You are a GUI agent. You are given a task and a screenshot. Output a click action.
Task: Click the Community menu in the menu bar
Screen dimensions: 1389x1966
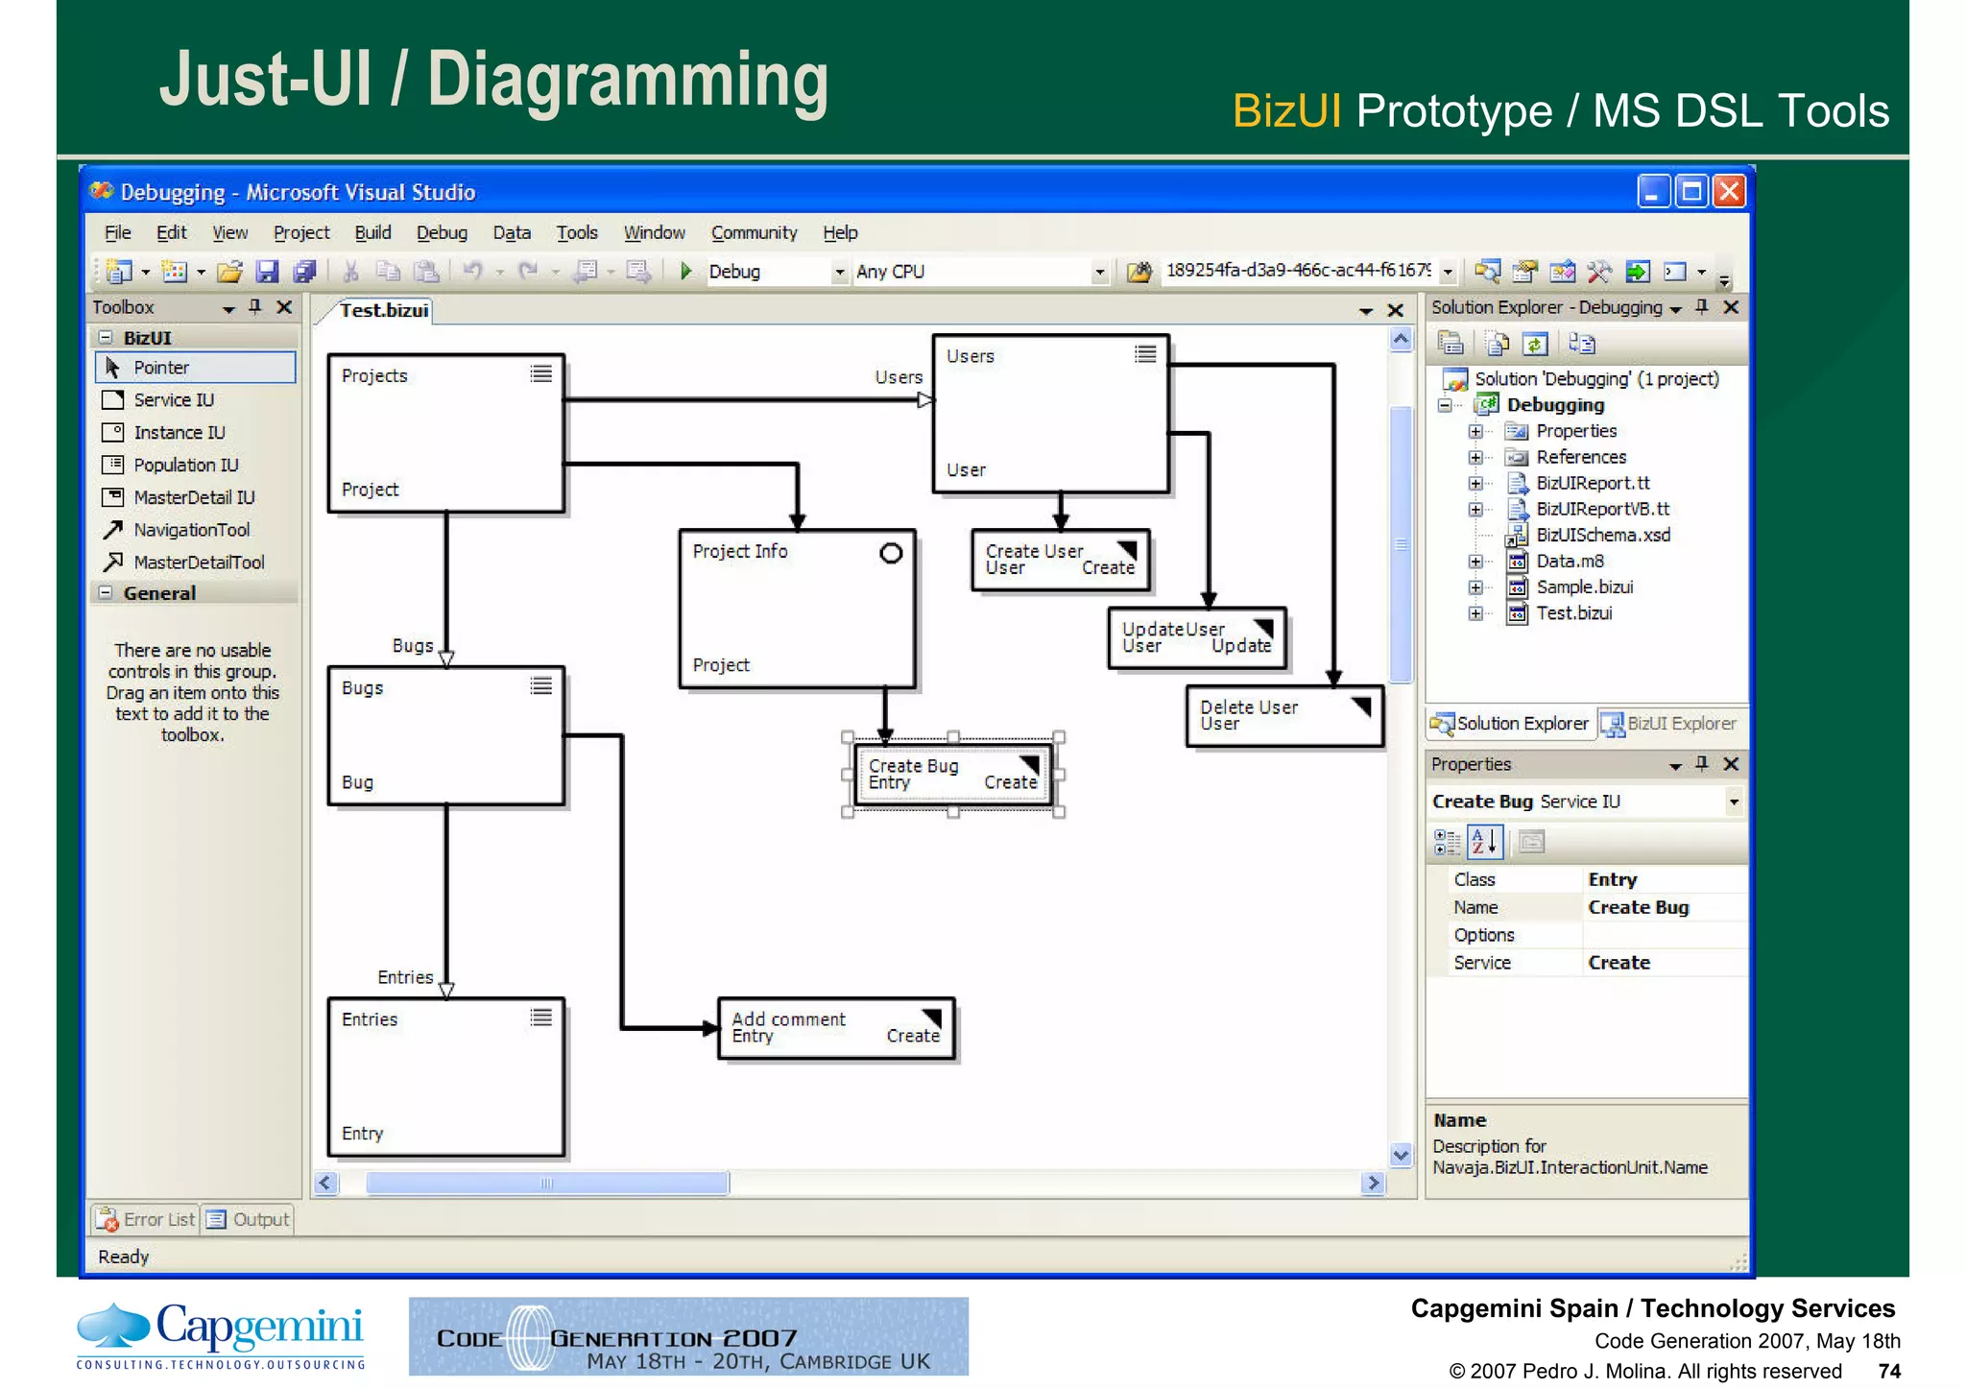pyautogui.click(x=754, y=232)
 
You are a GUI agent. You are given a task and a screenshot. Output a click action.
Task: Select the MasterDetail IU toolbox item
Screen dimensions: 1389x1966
pyautogui.click(x=193, y=497)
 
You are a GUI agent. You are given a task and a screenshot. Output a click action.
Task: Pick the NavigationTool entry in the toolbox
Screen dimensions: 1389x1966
pyautogui.click(x=191, y=530)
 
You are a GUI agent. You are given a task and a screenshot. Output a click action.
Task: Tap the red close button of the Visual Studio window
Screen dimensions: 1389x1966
pyautogui.click(x=1729, y=192)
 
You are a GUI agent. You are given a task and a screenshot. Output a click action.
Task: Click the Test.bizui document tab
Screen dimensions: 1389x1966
pyautogui.click(x=383, y=310)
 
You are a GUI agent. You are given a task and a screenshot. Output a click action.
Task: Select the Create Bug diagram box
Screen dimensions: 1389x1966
pyautogui.click(x=951, y=775)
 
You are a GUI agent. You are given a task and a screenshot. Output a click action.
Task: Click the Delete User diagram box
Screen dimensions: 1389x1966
pyautogui.click(x=1283, y=715)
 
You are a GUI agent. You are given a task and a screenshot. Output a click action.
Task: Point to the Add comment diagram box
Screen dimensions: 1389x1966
pyautogui.click(x=835, y=1027)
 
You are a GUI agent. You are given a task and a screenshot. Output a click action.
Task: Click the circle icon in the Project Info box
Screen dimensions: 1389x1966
pyautogui.click(x=891, y=553)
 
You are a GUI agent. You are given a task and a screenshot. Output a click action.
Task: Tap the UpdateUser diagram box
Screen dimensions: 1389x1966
pyautogui.click(x=1196, y=637)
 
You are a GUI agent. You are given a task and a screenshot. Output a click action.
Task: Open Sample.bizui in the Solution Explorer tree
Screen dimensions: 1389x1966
pyautogui.click(x=1584, y=587)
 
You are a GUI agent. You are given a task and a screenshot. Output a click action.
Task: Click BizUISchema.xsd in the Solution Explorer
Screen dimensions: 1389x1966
pyautogui.click(x=1602, y=535)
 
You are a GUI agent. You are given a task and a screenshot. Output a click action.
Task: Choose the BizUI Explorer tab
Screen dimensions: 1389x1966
pyautogui.click(x=1670, y=724)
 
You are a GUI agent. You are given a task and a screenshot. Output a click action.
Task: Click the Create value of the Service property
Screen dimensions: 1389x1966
pyautogui.click(x=1618, y=963)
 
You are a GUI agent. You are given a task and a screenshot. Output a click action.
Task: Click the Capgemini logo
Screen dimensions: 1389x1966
pyautogui.click(x=221, y=1335)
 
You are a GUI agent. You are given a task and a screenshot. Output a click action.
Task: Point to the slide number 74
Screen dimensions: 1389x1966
pyautogui.click(x=1889, y=1371)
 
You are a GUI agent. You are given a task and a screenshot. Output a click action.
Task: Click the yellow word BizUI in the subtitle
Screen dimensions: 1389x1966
pyautogui.click(x=1285, y=111)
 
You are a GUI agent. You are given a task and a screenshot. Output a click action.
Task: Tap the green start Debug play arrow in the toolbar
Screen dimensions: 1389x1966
pyautogui.click(x=685, y=272)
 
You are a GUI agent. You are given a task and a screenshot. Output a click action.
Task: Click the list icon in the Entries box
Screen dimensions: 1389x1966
pyautogui.click(x=541, y=1018)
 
